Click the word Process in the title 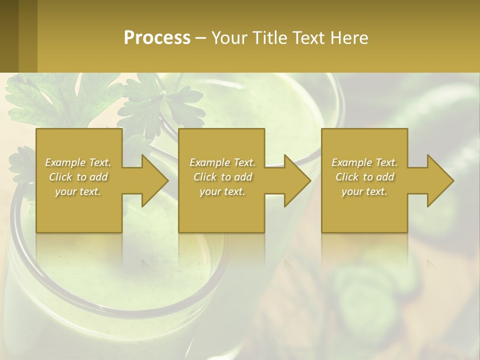157,37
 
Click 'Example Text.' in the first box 78,162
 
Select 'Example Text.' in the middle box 222,162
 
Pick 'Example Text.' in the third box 364,162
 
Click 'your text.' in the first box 78,191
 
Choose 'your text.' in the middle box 222,191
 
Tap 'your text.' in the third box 364,191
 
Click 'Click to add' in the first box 78,177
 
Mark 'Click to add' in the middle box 222,177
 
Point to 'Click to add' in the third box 364,177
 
